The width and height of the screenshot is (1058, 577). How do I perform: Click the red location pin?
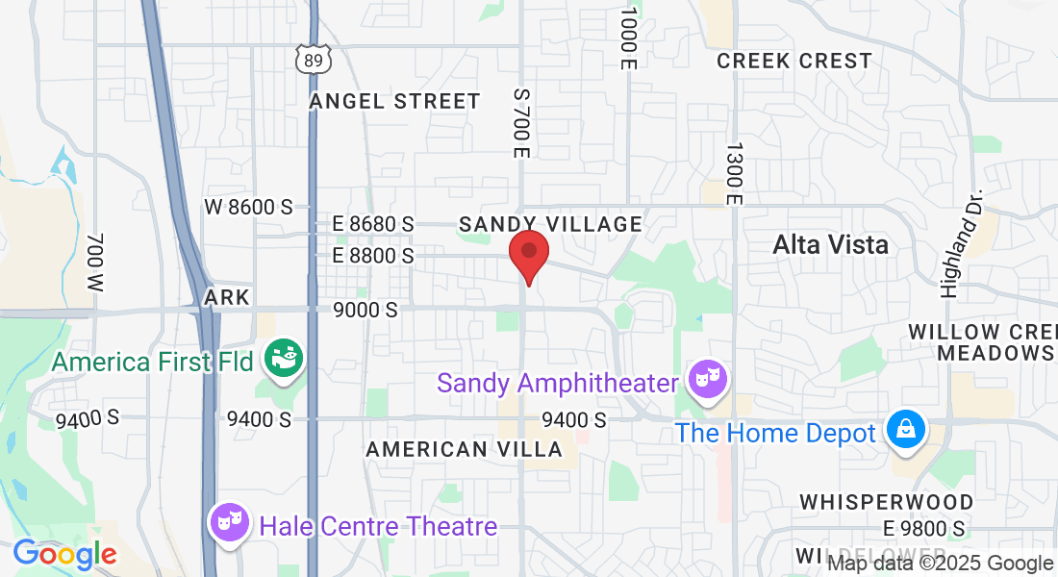coord(528,255)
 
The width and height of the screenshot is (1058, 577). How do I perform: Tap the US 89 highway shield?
coord(314,60)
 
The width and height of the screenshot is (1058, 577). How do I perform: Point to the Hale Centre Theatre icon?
coord(230,525)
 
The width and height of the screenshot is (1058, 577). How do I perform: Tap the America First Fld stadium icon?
coord(286,359)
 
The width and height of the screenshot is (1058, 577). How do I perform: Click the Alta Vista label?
coord(831,244)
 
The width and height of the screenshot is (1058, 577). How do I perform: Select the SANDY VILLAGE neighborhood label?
coord(550,224)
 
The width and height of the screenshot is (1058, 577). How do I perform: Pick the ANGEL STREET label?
coord(394,101)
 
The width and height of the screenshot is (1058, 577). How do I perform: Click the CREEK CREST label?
coord(794,61)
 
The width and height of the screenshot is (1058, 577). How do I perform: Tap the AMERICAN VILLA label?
coord(465,449)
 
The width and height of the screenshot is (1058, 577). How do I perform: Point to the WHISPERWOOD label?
coord(887,502)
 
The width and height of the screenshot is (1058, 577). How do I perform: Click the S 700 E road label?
coord(521,124)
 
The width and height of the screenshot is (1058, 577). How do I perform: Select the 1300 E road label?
coord(734,173)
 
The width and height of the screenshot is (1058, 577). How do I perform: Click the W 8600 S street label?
coord(248,207)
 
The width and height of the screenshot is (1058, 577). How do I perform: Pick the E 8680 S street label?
coord(372,224)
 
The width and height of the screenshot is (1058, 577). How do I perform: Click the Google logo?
coord(64,554)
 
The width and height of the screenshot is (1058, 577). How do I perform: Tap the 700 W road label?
coord(94,262)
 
